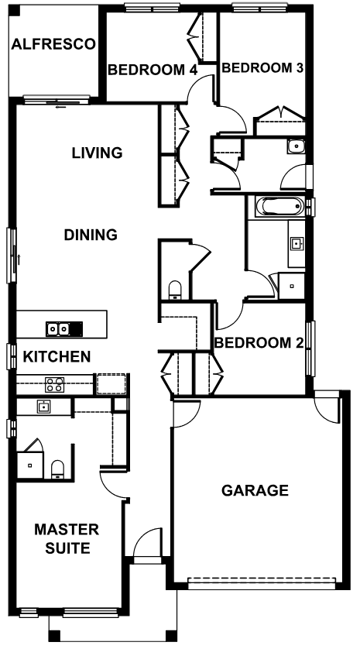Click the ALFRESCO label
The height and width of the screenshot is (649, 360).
tap(53, 44)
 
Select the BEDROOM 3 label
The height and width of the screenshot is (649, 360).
tap(262, 68)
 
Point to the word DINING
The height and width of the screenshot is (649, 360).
tap(91, 235)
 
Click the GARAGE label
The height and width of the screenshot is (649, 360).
tap(255, 490)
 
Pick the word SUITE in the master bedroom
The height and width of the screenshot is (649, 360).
tap(67, 548)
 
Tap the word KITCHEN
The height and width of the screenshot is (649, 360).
tap(57, 356)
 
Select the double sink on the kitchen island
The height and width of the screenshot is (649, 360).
tap(58, 328)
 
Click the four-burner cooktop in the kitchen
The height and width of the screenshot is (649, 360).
tap(55, 384)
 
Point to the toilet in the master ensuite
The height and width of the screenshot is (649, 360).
tap(57, 470)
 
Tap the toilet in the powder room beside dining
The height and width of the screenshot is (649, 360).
tap(175, 290)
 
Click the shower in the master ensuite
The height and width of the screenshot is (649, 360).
tap(29, 465)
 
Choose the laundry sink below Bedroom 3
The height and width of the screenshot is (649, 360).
tap(297, 146)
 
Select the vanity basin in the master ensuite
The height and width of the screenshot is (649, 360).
tap(43, 407)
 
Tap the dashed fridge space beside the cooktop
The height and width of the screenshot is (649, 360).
tap(111, 383)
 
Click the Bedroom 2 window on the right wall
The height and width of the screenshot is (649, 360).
tap(310, 349)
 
